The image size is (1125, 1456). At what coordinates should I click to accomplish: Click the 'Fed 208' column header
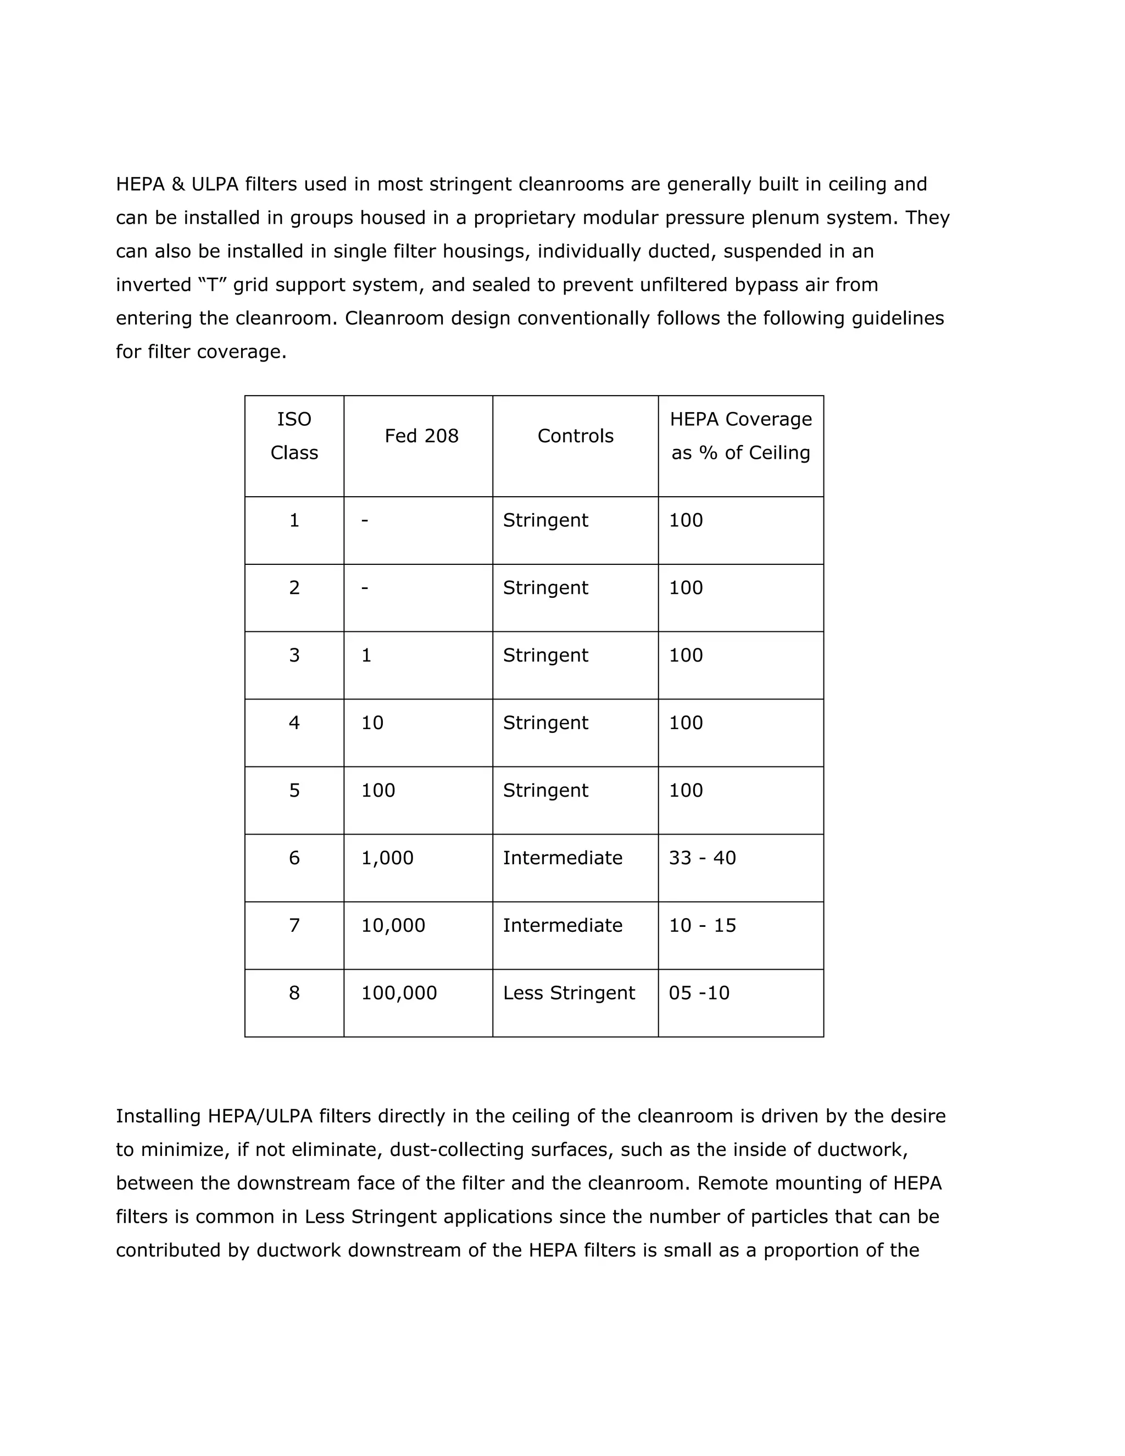click(421, 436)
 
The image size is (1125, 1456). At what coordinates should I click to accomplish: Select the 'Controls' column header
click(575, 436)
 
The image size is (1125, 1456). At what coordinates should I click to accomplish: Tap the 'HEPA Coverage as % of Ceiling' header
click(740, 436)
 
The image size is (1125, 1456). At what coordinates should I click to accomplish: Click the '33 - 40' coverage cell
click(703, 858)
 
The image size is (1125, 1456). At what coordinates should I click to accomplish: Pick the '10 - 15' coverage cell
click(703, 925)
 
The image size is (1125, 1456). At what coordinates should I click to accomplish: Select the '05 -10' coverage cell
click(699, 993)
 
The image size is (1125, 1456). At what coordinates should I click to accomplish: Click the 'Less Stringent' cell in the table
click(569, 993)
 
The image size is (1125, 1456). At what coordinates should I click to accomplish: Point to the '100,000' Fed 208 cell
click(399, 993)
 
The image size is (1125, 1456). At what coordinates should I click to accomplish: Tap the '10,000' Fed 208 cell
click(393, 925)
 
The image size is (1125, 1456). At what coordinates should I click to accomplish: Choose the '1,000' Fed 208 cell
click(387, 858)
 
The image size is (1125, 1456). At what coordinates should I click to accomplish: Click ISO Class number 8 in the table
click(294, 993)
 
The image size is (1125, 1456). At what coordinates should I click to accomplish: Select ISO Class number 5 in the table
click(294, 790)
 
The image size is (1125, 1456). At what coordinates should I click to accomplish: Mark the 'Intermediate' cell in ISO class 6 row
click(562, 858)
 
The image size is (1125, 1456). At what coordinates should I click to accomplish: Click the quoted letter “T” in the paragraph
click(212, 285)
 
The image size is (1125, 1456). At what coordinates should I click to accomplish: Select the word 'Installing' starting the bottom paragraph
click(159, 1116)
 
